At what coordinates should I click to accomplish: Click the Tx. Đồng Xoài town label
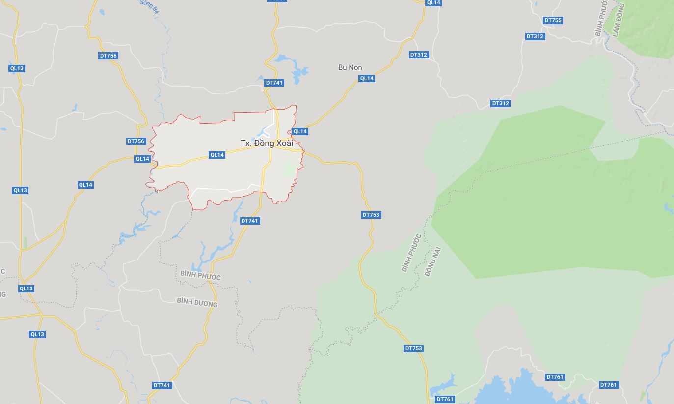point(267,143)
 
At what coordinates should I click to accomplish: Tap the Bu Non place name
point(350,67)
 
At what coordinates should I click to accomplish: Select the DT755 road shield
point(553,20)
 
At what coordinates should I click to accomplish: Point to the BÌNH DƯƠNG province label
point(197,302)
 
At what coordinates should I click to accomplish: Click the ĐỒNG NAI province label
point(433,261)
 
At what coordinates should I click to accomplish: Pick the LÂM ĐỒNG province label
point(618,20)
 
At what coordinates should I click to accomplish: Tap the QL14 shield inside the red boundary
point(217,155)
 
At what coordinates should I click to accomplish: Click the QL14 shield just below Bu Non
point(367,78)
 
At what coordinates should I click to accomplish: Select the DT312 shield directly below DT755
point(535,36)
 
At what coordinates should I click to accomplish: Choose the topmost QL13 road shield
point(17,68)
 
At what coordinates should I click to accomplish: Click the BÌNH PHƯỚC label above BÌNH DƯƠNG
point(200,275)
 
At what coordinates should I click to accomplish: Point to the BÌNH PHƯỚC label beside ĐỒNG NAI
point(411,253)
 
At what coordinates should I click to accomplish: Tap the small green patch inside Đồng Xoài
point(289,170)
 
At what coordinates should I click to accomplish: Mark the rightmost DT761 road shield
point(608,385)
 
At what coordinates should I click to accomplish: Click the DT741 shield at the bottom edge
point(162,385)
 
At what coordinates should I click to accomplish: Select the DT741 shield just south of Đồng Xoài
point(249,221)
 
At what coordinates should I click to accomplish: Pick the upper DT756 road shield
point(108,56)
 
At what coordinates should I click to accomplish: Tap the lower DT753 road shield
point(413,348)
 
